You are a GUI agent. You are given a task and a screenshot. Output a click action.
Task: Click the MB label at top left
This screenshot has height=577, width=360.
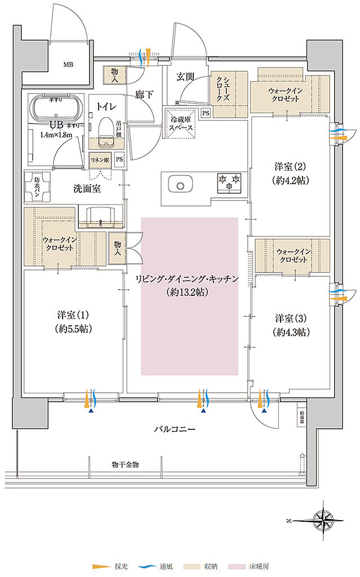(68, 64)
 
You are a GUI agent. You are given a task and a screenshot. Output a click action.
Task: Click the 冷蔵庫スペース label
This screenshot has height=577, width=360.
(181, 123)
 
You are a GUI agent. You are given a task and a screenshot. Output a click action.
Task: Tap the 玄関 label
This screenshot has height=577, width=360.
(185, 77)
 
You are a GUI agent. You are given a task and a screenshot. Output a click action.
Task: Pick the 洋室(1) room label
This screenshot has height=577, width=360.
(74, 322)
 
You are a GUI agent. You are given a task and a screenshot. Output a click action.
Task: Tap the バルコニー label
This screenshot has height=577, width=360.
(175, 429)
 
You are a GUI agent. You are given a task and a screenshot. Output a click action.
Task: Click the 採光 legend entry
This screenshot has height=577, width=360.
(109, 565)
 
